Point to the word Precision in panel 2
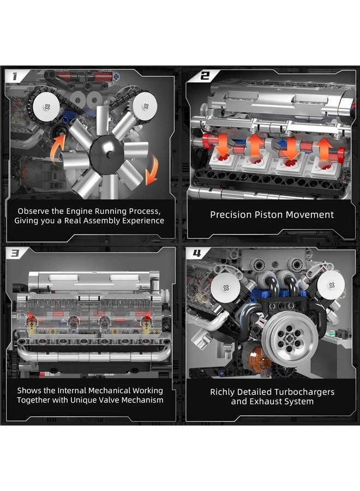pos(230,214)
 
